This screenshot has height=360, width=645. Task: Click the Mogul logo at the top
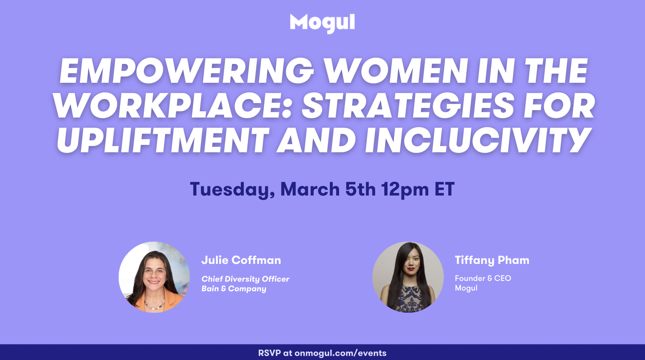(322, 23)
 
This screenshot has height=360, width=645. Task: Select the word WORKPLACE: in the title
(173, 106)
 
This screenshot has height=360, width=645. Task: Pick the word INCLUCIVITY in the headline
(478, 140)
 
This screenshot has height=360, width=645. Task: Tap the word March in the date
(310, 189)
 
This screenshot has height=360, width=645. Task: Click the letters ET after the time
(445, 189)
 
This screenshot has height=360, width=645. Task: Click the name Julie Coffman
(241, 260)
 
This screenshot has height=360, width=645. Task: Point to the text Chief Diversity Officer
(245, 279)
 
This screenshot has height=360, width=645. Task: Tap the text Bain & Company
(234, 289)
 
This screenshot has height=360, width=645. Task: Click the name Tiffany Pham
(492, 261)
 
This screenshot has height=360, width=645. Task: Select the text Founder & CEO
(483, 278)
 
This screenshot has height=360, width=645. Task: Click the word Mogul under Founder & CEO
(466, 288)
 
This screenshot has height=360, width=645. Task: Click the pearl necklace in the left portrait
(155, 305)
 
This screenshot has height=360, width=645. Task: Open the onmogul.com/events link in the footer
(340, 353)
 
